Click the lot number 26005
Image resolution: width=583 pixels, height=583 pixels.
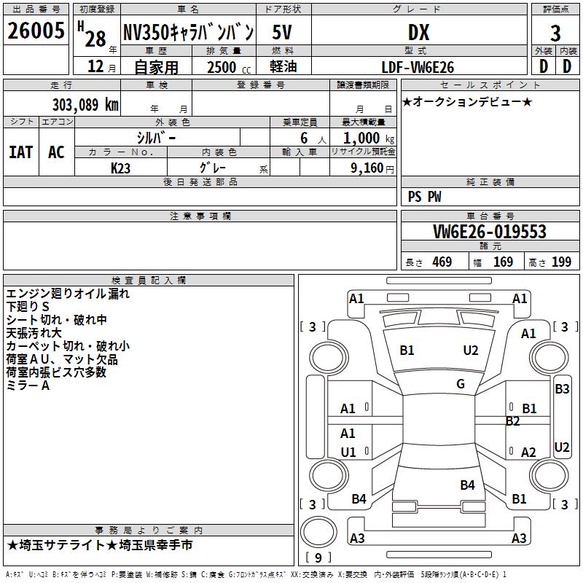click(x=36, y=31)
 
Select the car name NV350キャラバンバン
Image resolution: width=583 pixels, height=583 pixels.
click(x=188, y=32)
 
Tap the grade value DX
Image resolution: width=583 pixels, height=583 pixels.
click(x=418, y=32)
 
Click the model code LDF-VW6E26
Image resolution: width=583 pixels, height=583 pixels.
click(x=418, y=67)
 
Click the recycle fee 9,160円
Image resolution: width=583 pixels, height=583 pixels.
click(x=371, y=168)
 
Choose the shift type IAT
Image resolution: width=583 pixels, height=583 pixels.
click(x=20, y=152)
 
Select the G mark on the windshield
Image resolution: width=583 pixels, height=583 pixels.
click(x=461, y=384)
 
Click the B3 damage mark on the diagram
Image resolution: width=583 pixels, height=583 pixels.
click(x=562, y=389)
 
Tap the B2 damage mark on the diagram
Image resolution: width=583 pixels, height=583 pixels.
click(x=513, y=421)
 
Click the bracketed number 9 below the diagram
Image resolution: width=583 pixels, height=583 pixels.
click(x=318, y=558)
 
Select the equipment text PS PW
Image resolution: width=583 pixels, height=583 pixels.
click(x=425, y=197)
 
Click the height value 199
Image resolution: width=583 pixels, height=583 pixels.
click(x=561, y=262)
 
